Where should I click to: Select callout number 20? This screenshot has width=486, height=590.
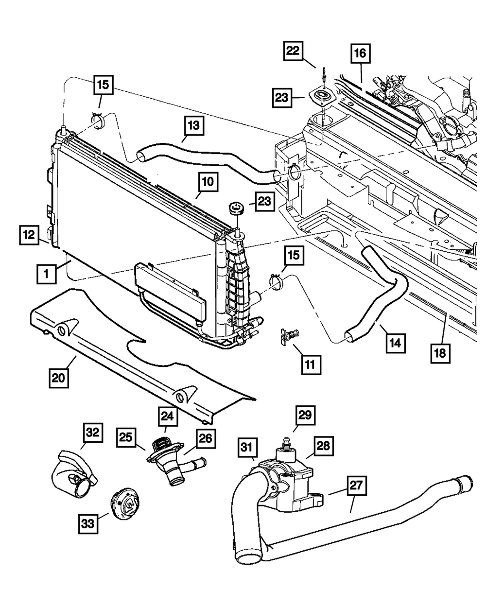(59, 378)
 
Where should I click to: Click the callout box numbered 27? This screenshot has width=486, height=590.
(356, 486)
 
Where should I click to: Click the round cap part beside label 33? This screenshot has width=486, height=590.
(125, 506)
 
